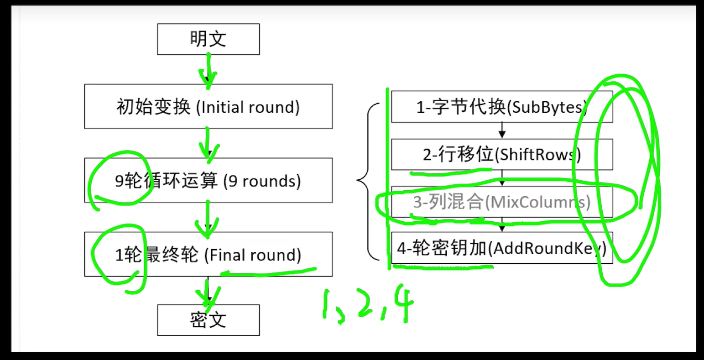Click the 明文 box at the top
[x=209, y=39]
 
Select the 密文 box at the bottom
[x=209, y=320]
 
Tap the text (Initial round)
[x=248, y=107]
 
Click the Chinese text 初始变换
[x=153, y=107]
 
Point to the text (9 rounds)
[x=262, y=181]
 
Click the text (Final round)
[x=252, y=255]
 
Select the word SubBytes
[x=546, y=107]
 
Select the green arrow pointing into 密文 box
[x=209, y=292]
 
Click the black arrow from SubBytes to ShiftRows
[x=502, y=130]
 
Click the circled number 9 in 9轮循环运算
[x=119, y=182]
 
